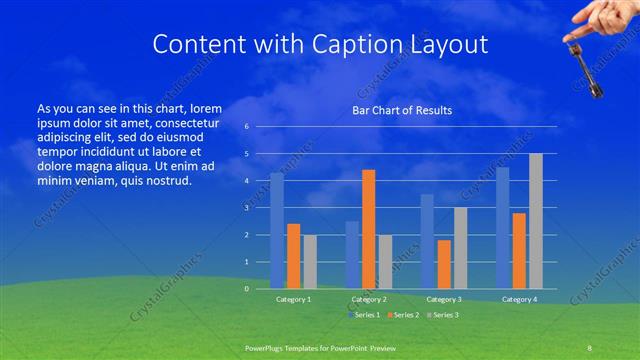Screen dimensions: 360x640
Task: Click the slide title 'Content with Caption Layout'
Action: click(320, 44)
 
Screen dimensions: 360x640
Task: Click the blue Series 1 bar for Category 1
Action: click(277, 231)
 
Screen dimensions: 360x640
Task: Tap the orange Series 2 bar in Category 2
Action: click(368, 229)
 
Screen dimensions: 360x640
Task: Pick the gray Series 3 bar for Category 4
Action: click(536, 221)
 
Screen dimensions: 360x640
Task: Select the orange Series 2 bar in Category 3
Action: click(444, 264)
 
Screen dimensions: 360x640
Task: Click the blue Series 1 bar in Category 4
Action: click(503, 228)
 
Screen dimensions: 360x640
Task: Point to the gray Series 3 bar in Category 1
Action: click(310, 262)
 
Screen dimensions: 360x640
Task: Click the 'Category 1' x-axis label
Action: click(293, 299)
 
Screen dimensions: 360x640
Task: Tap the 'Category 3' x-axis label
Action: click(444, 299)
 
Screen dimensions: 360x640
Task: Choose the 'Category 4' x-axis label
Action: click(519, 299)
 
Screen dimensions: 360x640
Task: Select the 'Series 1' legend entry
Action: click(364, 315)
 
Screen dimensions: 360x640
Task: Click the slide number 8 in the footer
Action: click(590, 347)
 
